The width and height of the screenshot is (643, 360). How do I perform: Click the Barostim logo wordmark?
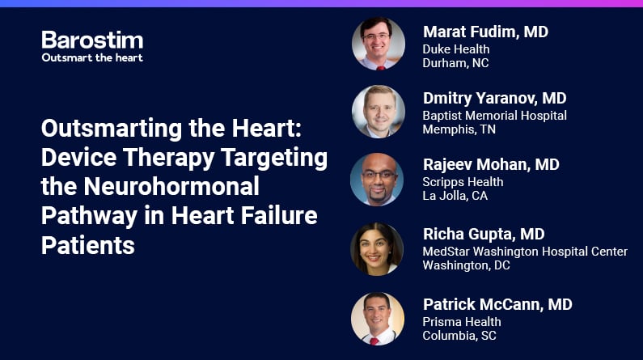point(92,40)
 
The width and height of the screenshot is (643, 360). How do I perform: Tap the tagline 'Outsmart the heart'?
point(92,57)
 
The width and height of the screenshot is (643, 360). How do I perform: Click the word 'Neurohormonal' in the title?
point(171,186)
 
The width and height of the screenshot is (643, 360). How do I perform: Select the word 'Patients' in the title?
point(88,245)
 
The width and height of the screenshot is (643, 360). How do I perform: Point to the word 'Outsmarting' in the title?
point(112,129)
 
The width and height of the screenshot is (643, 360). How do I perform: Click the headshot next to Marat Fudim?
point(379,44)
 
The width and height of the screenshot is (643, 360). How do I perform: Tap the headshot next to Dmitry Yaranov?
point(379,112)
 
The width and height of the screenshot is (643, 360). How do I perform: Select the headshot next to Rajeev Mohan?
point(377,179)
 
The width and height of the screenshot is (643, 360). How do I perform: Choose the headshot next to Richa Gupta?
point(377,249)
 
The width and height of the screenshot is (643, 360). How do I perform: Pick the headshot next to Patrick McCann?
point(378,319)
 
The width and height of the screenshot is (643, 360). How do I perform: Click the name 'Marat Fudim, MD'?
point(485,32)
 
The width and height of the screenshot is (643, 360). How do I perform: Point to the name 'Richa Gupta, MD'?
point(484,234)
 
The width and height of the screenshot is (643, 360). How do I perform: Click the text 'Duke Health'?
point(456,49)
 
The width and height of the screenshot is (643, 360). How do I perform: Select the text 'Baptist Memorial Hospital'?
point(494,116)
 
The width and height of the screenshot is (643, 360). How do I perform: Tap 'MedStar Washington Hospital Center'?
point(525,252)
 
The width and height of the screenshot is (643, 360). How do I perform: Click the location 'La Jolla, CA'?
point(455,196)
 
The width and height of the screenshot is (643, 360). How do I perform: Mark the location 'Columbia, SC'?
point(459,336)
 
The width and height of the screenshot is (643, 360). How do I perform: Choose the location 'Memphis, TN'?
point(459,129)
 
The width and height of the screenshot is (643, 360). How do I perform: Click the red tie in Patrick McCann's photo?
point(374,341)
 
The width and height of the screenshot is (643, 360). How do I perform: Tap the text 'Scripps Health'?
point(463,182)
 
